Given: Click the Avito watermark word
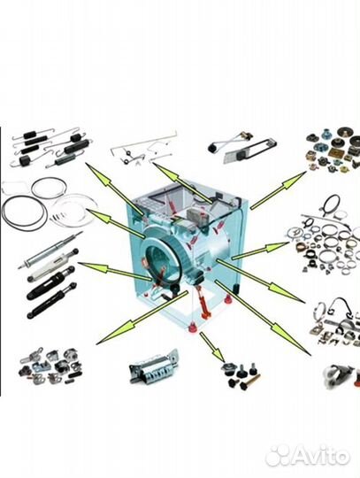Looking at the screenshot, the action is point(322,456).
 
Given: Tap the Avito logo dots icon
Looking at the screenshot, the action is point(280,456).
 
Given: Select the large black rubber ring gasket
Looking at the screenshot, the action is point(24,212).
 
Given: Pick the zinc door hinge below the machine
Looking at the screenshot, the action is point(154,366).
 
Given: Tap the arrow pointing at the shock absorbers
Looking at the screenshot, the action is point(115,271).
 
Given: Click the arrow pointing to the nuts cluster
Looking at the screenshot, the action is point(278,190).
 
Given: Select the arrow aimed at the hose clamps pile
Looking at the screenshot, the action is point(260,251).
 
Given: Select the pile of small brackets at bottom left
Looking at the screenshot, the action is point(50,366).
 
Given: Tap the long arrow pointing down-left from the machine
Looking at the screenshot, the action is point(142,318).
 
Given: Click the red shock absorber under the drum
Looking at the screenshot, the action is point(203,301).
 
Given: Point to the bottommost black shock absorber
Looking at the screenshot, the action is point(51,301).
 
